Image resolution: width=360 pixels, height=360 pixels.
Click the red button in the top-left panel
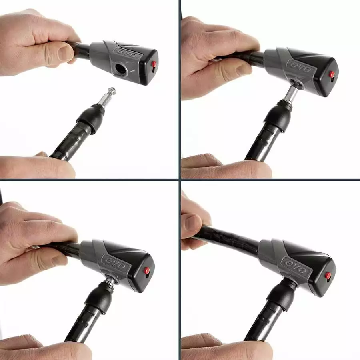coord(154,64)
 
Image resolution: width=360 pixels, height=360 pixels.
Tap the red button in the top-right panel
coord(332,74)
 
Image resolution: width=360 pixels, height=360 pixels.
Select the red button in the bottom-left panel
coord(147,271)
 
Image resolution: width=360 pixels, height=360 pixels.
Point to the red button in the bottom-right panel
coord(328,275)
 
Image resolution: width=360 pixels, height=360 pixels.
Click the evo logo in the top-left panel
coord(128,54)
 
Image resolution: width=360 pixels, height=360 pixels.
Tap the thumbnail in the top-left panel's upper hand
coord(66,54)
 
